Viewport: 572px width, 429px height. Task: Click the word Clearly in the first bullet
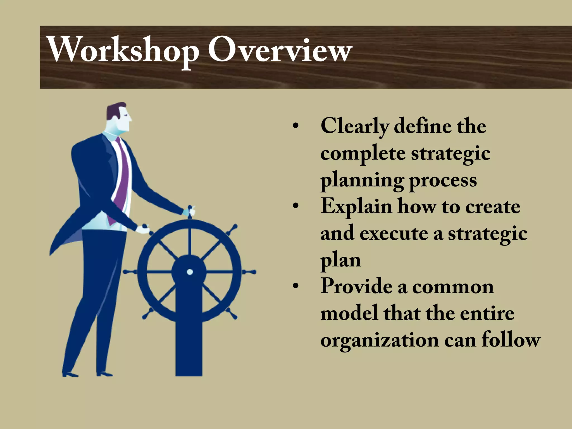354,126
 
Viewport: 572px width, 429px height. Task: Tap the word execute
394,233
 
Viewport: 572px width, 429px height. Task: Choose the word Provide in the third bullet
356,286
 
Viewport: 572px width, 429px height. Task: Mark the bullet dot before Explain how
295,207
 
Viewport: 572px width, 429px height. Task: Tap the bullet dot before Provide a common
295,287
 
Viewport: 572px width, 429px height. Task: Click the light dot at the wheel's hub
190,271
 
